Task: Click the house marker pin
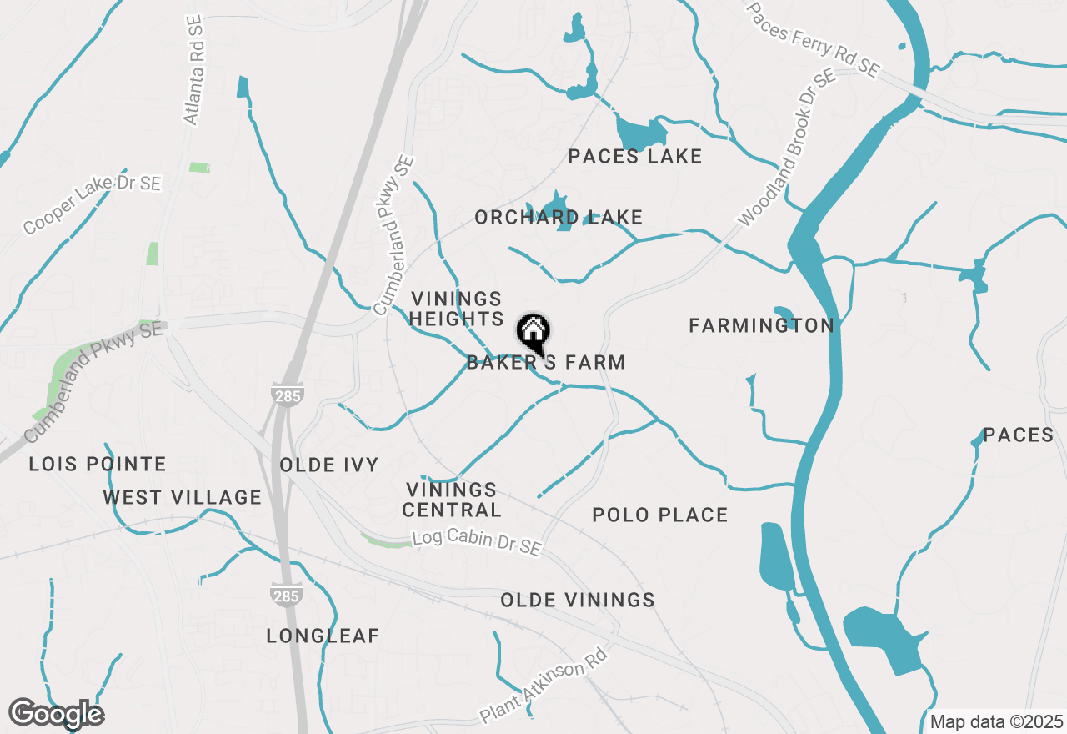[533, 333]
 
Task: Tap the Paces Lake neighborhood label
[634, 156]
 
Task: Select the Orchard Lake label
[559, 218]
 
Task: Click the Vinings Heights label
[457, 309]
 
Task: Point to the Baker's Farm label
[546, 363]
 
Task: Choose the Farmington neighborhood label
[761, 326]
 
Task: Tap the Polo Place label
[659, 515]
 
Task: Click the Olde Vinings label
[577, 601]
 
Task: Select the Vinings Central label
[452, 500]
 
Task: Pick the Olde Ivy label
[329, 465]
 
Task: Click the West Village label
[182, 498]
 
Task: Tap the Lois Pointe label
[98, 465]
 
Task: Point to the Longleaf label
[323, 636]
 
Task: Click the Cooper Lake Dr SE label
[92, 204]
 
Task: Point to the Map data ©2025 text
[996, 721]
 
